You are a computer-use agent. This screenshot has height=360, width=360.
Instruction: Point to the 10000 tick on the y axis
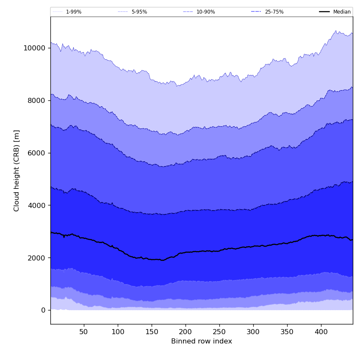34,48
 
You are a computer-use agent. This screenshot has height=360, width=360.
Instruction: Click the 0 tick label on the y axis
43,310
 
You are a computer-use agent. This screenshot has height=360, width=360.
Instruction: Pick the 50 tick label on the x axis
84,331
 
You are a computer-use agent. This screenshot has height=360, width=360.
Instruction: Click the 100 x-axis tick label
118,331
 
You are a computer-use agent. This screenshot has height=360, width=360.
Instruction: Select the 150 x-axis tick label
152,331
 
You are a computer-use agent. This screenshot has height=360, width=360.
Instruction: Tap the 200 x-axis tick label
186,331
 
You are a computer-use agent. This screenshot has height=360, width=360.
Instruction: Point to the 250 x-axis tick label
219,331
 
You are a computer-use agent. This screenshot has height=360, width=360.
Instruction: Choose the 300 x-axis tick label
253,331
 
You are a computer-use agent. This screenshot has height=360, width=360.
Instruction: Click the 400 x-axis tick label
321,331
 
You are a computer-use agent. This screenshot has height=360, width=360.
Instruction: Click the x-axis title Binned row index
202,341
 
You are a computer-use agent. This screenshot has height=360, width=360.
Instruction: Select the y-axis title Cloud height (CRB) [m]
17,170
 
